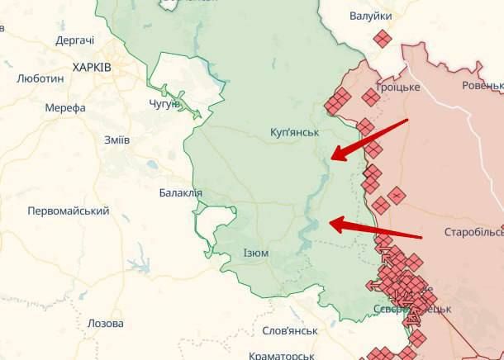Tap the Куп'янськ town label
pos(295,132)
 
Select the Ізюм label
pos(256,253)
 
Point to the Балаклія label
pos(180,193)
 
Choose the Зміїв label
pos(116,140)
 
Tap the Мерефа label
pos(66,107)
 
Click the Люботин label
pos(40,78)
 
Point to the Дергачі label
pos(74,40)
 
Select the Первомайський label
pos(69,211)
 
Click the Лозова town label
pos(106,324)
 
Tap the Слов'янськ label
pos(289,330)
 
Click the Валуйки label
pos(370,16)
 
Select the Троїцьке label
pos(397,87)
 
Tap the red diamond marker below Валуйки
pos(381,38)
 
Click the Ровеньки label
pos(483,85)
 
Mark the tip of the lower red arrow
pos(331,221)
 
